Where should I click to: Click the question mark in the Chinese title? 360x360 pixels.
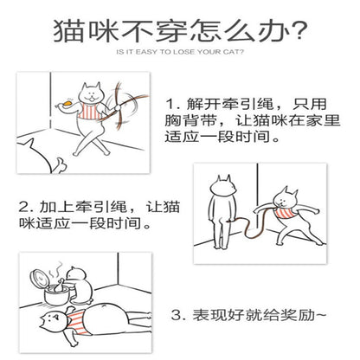298,30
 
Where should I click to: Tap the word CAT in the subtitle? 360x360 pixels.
233,52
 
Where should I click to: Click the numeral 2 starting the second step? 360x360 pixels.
22,207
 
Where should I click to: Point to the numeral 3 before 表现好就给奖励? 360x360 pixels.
176,315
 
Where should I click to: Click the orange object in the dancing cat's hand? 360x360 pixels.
68,103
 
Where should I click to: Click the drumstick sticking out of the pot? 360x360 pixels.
59,285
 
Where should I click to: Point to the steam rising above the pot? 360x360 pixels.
55,270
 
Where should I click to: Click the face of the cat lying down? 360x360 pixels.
52,321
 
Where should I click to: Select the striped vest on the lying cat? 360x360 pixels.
77,322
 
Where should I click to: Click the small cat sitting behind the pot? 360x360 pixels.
79,285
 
